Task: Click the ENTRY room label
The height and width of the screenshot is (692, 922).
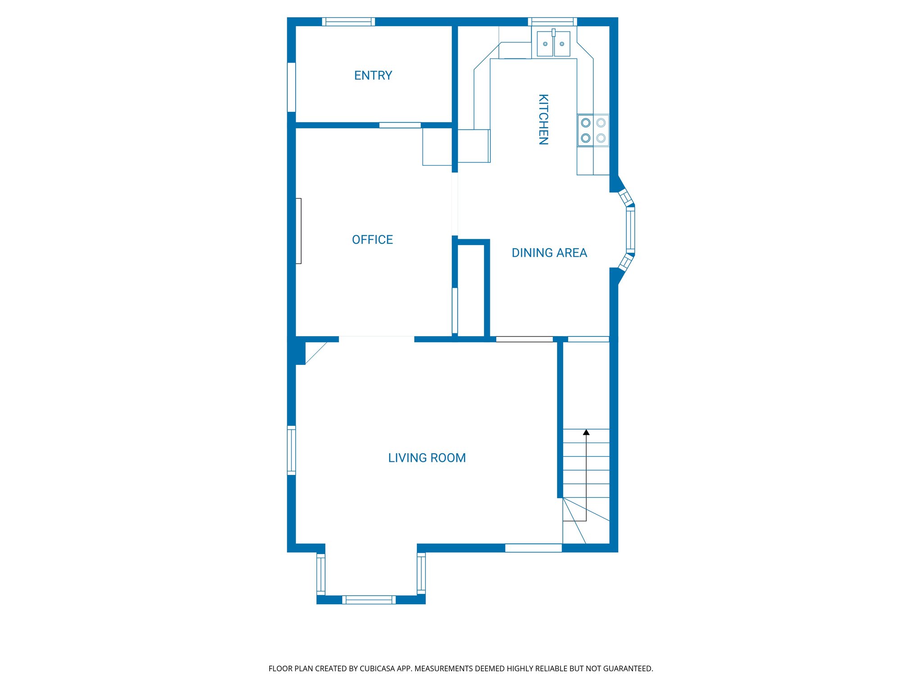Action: [373, 75]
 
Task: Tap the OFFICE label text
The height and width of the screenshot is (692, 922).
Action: [372, 240]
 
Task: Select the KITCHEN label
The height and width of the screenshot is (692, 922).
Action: [543, 119]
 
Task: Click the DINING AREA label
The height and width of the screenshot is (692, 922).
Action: [549, 253]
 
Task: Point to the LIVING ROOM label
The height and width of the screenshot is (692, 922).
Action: [427, 458]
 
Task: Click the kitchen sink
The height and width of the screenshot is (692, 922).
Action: [553, 44]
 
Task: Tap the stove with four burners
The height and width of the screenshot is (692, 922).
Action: [593, 130]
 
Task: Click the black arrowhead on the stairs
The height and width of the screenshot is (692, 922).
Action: [586, 432]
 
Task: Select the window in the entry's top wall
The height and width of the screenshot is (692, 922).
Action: [348, 22]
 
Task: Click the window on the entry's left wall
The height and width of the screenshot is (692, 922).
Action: [291, 87]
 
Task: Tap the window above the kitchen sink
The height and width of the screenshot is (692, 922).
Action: [552, 22]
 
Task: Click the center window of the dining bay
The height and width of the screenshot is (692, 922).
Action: [631, 230]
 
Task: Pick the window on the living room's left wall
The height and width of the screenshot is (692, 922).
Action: [291, 450]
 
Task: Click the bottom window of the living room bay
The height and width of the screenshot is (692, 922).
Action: [369, 600]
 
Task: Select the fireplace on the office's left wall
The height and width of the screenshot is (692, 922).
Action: [298, 231]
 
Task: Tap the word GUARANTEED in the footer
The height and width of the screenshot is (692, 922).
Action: [628, 669]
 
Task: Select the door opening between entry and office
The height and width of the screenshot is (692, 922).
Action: [400, 125]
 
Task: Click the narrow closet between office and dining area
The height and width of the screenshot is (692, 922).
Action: [470, 291]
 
